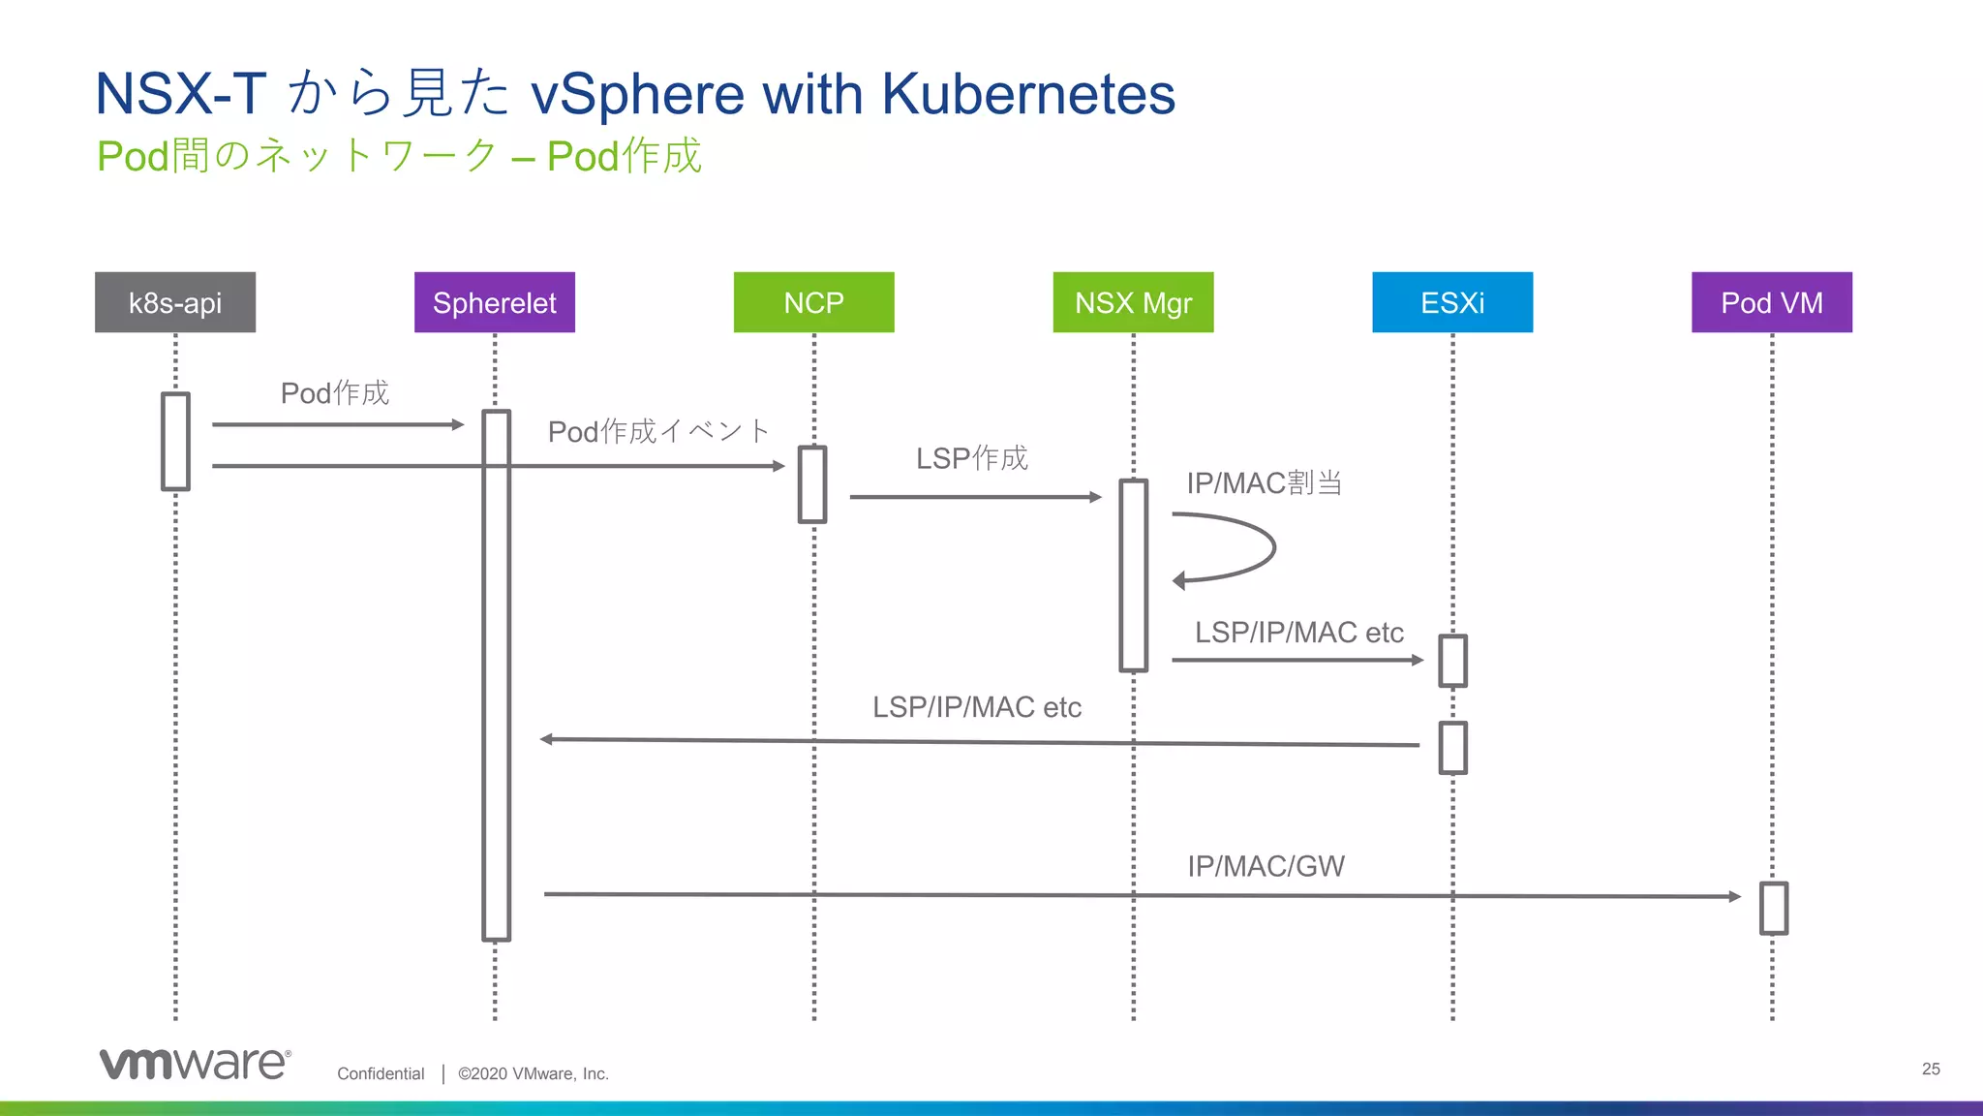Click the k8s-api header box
175,302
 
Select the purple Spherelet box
495,302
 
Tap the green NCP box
813,302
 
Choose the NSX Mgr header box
1133,302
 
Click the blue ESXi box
1452,302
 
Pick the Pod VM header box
1771,302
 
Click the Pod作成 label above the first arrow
335,393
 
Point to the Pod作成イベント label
658,431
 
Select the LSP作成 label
972,458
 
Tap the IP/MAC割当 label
1265,482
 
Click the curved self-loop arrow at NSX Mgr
1249,548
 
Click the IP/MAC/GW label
1266,866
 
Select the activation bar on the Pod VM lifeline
1773,908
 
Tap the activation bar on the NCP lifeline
812,484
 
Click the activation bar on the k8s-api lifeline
175,442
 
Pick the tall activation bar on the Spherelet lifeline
496,675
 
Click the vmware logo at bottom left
195,1063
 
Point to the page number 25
1931,1069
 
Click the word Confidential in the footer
381,1073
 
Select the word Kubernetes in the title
1027,94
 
